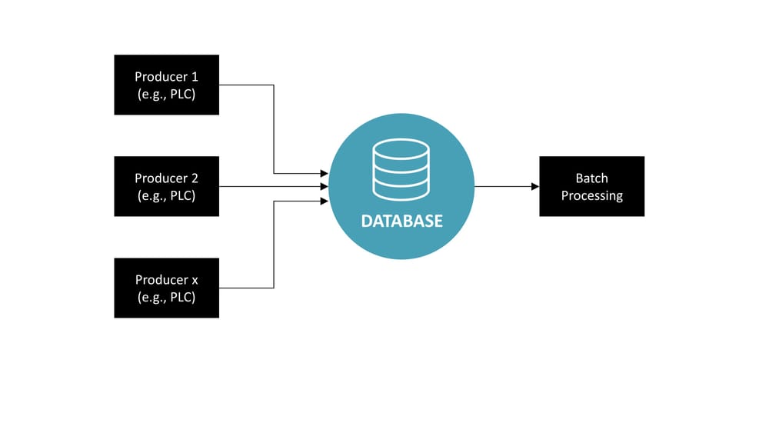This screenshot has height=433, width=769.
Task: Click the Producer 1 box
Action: pos(166,85)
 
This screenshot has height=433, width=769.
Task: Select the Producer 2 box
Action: pos(166,186)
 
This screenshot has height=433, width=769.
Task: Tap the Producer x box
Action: pos(166,288)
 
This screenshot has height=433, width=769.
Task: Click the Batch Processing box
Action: pos(591,186)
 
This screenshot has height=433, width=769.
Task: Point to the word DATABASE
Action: pos(402,221)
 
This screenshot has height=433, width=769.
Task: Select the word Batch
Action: pos(591,178)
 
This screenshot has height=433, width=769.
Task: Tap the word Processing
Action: pos(591,196)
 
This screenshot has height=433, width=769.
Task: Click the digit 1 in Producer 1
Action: pos(194,76)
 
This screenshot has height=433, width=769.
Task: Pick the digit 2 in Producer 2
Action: pos(195,178)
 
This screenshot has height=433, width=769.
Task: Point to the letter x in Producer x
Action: pos(195,280)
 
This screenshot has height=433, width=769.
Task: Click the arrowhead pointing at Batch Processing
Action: pos(535,186)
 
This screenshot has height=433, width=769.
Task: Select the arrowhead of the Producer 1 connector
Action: pos(325,174)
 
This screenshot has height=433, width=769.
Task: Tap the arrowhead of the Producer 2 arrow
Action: pos(325,186)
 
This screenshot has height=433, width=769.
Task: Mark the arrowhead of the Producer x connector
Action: pos(325,201)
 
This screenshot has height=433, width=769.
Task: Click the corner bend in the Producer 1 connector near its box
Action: pos(274,85)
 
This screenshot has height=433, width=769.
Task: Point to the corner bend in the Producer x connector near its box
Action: pos(274,288)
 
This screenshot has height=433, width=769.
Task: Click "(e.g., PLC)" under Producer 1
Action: pos(166,94)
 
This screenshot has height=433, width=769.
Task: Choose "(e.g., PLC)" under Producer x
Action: pos(166,297)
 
